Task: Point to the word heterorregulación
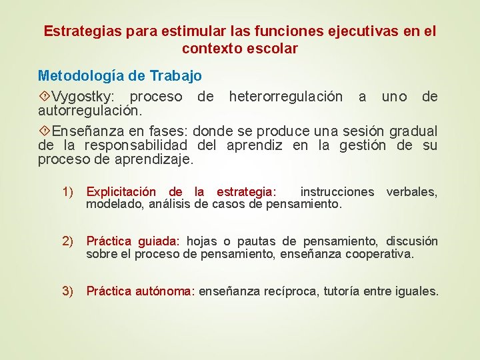[286, 97]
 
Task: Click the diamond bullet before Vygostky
[45, 97]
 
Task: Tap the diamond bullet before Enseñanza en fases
[45, 131]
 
